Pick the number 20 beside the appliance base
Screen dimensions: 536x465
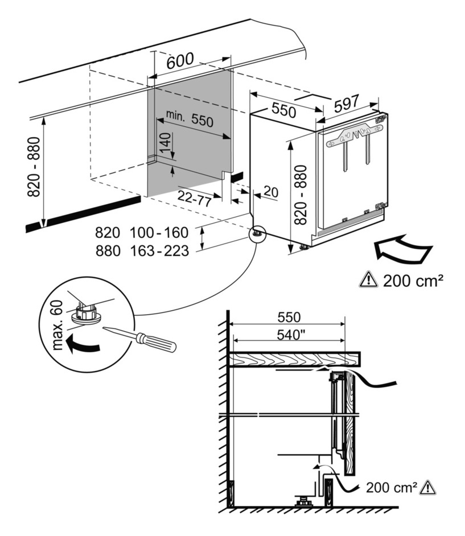(x=271, y=192)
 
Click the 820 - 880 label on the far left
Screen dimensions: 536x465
(x=35, y=167)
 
